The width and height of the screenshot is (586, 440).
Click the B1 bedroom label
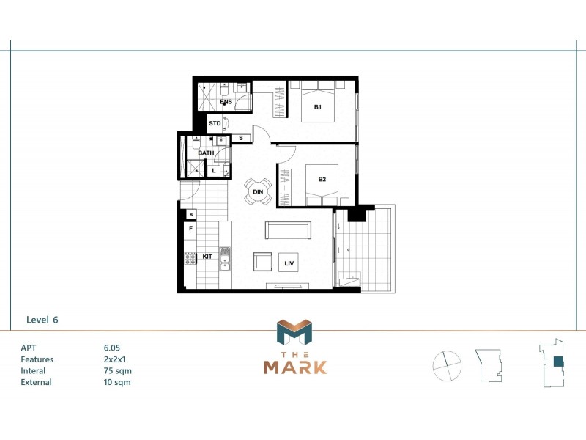coord(318,108)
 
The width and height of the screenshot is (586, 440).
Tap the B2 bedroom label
coord(322,179)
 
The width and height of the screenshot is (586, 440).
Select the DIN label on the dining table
coord(258,192)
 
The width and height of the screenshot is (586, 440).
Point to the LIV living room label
coord(289,262)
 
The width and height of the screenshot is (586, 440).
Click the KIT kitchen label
coord(207,257)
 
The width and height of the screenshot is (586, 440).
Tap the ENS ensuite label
coord(226,101)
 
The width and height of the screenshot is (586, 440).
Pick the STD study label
coord(215,123)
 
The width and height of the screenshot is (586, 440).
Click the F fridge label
coord(190,228)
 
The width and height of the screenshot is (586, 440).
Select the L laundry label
coord(214,170)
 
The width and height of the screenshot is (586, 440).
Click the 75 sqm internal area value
coord(118,370)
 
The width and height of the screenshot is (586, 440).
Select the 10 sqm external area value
coord(118,381)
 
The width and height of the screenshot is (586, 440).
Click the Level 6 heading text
coord(42,320)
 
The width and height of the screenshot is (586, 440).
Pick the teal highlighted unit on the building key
coord(558,361)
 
